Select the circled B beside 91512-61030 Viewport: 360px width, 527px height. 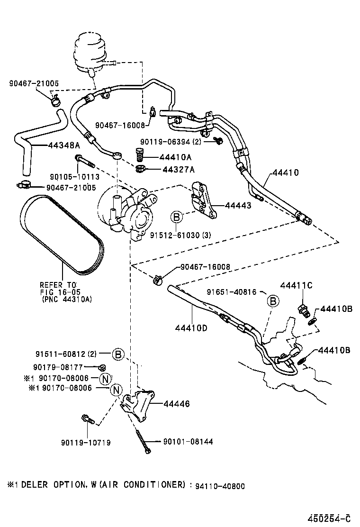[x=176, y=217]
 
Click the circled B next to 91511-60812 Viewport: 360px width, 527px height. [x=118, y=354]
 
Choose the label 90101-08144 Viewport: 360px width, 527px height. [x=188, y=441]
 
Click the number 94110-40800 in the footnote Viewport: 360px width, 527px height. [x=220, y=485]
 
